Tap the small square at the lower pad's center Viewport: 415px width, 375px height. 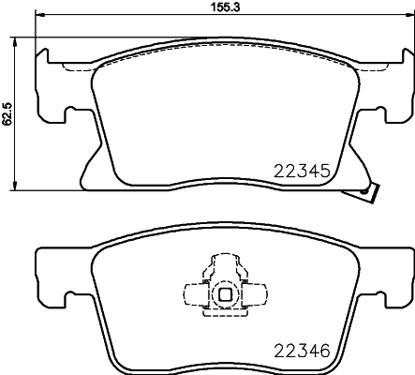[225, 293]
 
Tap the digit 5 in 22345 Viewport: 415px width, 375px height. [323, 172]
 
